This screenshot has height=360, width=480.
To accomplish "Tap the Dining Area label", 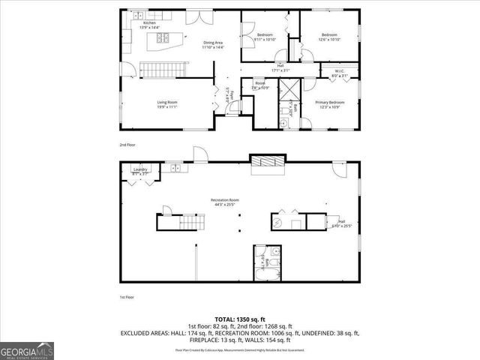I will pos(214,45).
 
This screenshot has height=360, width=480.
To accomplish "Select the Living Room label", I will pos(166,104).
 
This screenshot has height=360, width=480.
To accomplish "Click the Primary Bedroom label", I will pos(330,104).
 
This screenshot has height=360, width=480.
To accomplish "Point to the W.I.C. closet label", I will pos(339,73).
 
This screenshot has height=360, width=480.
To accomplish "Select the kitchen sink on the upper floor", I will pos(139,16).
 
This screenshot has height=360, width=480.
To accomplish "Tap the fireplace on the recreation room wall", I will pos(268,161).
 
